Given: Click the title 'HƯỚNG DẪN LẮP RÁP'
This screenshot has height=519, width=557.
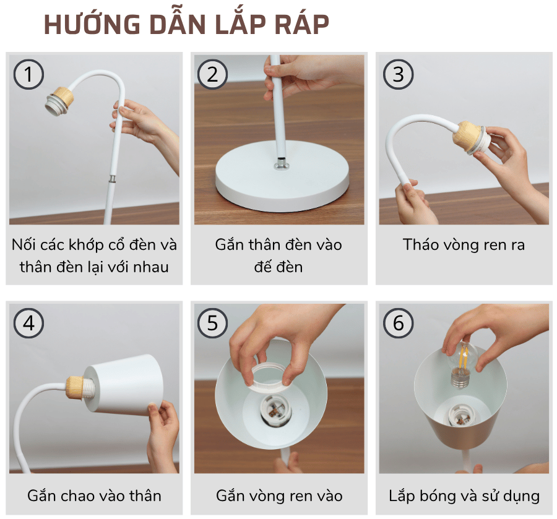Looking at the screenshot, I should click(x=186, y=25).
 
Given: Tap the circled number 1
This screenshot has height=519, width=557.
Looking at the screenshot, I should click(x=28, y=74).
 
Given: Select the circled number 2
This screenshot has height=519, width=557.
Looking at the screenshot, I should click(x=213, y=74).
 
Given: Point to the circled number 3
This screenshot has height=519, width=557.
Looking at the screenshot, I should click(x=398, y=74).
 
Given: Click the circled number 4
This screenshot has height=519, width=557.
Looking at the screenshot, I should click(x=28, y=324).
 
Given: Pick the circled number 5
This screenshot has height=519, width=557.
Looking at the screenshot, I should click(x=213, y=324).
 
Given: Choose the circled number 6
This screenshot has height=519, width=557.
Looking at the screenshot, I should click(x=398, y=324).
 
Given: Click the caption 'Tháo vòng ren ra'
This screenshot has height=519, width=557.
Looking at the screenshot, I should click(x=464, y=244).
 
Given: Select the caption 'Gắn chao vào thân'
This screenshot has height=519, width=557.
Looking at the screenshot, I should click(x=94, y=495).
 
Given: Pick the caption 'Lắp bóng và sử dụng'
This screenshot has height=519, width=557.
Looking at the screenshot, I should click(x=464, y=495).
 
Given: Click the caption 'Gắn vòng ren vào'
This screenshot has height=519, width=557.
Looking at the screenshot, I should click(x=279, y=495).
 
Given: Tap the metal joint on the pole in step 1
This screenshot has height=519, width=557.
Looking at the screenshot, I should click(x=113, y=179).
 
